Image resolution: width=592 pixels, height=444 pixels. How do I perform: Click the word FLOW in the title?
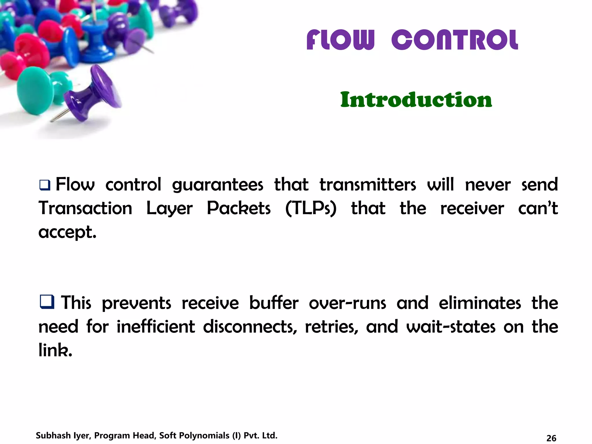click(x=340, y=40)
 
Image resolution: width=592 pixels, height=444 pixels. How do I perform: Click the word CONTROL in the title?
click(x=455, y=40)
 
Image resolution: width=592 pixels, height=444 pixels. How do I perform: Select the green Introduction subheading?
click(x=416, y=100)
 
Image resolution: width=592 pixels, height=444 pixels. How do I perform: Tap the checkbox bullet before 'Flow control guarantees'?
click(x=45, y=185)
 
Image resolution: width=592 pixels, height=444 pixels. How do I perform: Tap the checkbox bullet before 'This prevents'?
click(x=47, y=302)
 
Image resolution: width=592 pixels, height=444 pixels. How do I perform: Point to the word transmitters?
click(x=368, y=185)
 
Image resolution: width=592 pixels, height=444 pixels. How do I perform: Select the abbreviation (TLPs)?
click(x=311, y=208)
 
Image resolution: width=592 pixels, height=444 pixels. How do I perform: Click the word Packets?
click(x=239, y=208)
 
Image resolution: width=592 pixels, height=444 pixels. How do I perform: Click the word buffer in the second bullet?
click(x=273, y=303)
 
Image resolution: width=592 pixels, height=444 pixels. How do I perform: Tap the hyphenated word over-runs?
click(x=347, y=303)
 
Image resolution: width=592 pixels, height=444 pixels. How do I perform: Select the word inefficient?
click(x=156, y=327)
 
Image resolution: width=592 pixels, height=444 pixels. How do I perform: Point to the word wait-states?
click(x=451, y=327)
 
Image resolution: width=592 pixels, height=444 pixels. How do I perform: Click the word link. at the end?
click(x=55, y=350)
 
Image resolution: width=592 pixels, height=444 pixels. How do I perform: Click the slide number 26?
click(x=551, y=438)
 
